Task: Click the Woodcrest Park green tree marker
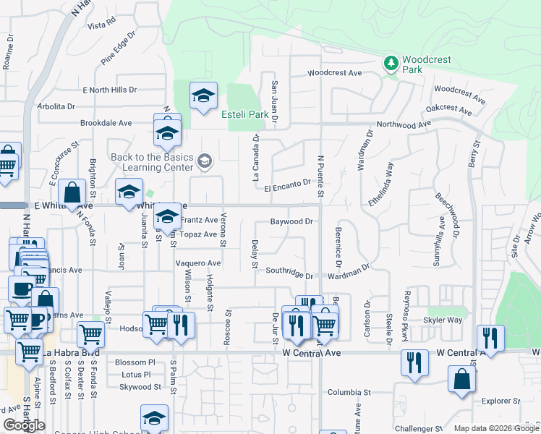pyautogui.click(x=391, y=64)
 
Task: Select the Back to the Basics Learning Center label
pyautogui.click(x=152, y=163)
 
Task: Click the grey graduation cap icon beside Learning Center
pyautogui.click(x=205, y=160)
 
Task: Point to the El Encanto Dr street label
pyautogui.click(x=287, y=186)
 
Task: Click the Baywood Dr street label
pyautogui.click(x=291, y=221)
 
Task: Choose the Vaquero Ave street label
pyautogui.click(x=198, y=263)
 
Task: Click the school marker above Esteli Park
pyautogui.click(x=203, y=95)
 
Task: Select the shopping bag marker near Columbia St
pyautogui.click(x=461, y=380)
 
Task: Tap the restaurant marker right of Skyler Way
pyautogui.click(x=490, y=339)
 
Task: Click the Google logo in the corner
pyautogui.click(x=24, y=425)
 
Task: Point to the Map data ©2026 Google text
pyautogui.click(x=496, y=428)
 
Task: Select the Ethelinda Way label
pyautogui.click(x=380, y=184)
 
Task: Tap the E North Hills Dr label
pyautogui.click(x=109, y=90)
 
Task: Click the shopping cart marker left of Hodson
pyautogui.click(x=90, y=334)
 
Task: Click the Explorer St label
pyautogui.click(x=500, y=401)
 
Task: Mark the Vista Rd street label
pyautogui.click(x=101, y=25)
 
